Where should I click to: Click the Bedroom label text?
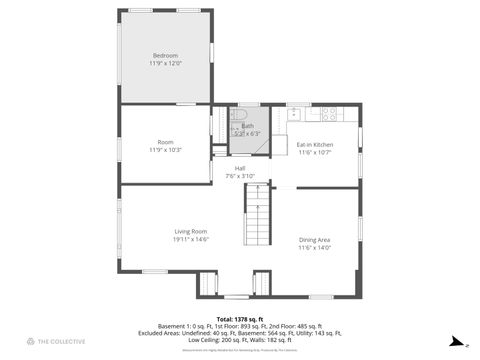point(165,54)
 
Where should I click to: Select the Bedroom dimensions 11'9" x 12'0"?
point(165,63)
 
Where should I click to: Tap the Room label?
point(165,142)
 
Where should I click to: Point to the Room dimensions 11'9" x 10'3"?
point(165,151)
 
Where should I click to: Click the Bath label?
point(247,126)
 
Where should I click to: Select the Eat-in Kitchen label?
point(315,145)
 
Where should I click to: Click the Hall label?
point(240,168)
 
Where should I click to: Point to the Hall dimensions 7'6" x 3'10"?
point(240,176)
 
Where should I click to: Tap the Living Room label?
point(190,231)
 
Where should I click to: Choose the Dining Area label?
point(315,239)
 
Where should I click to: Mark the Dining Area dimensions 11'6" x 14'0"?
point(315,248)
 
